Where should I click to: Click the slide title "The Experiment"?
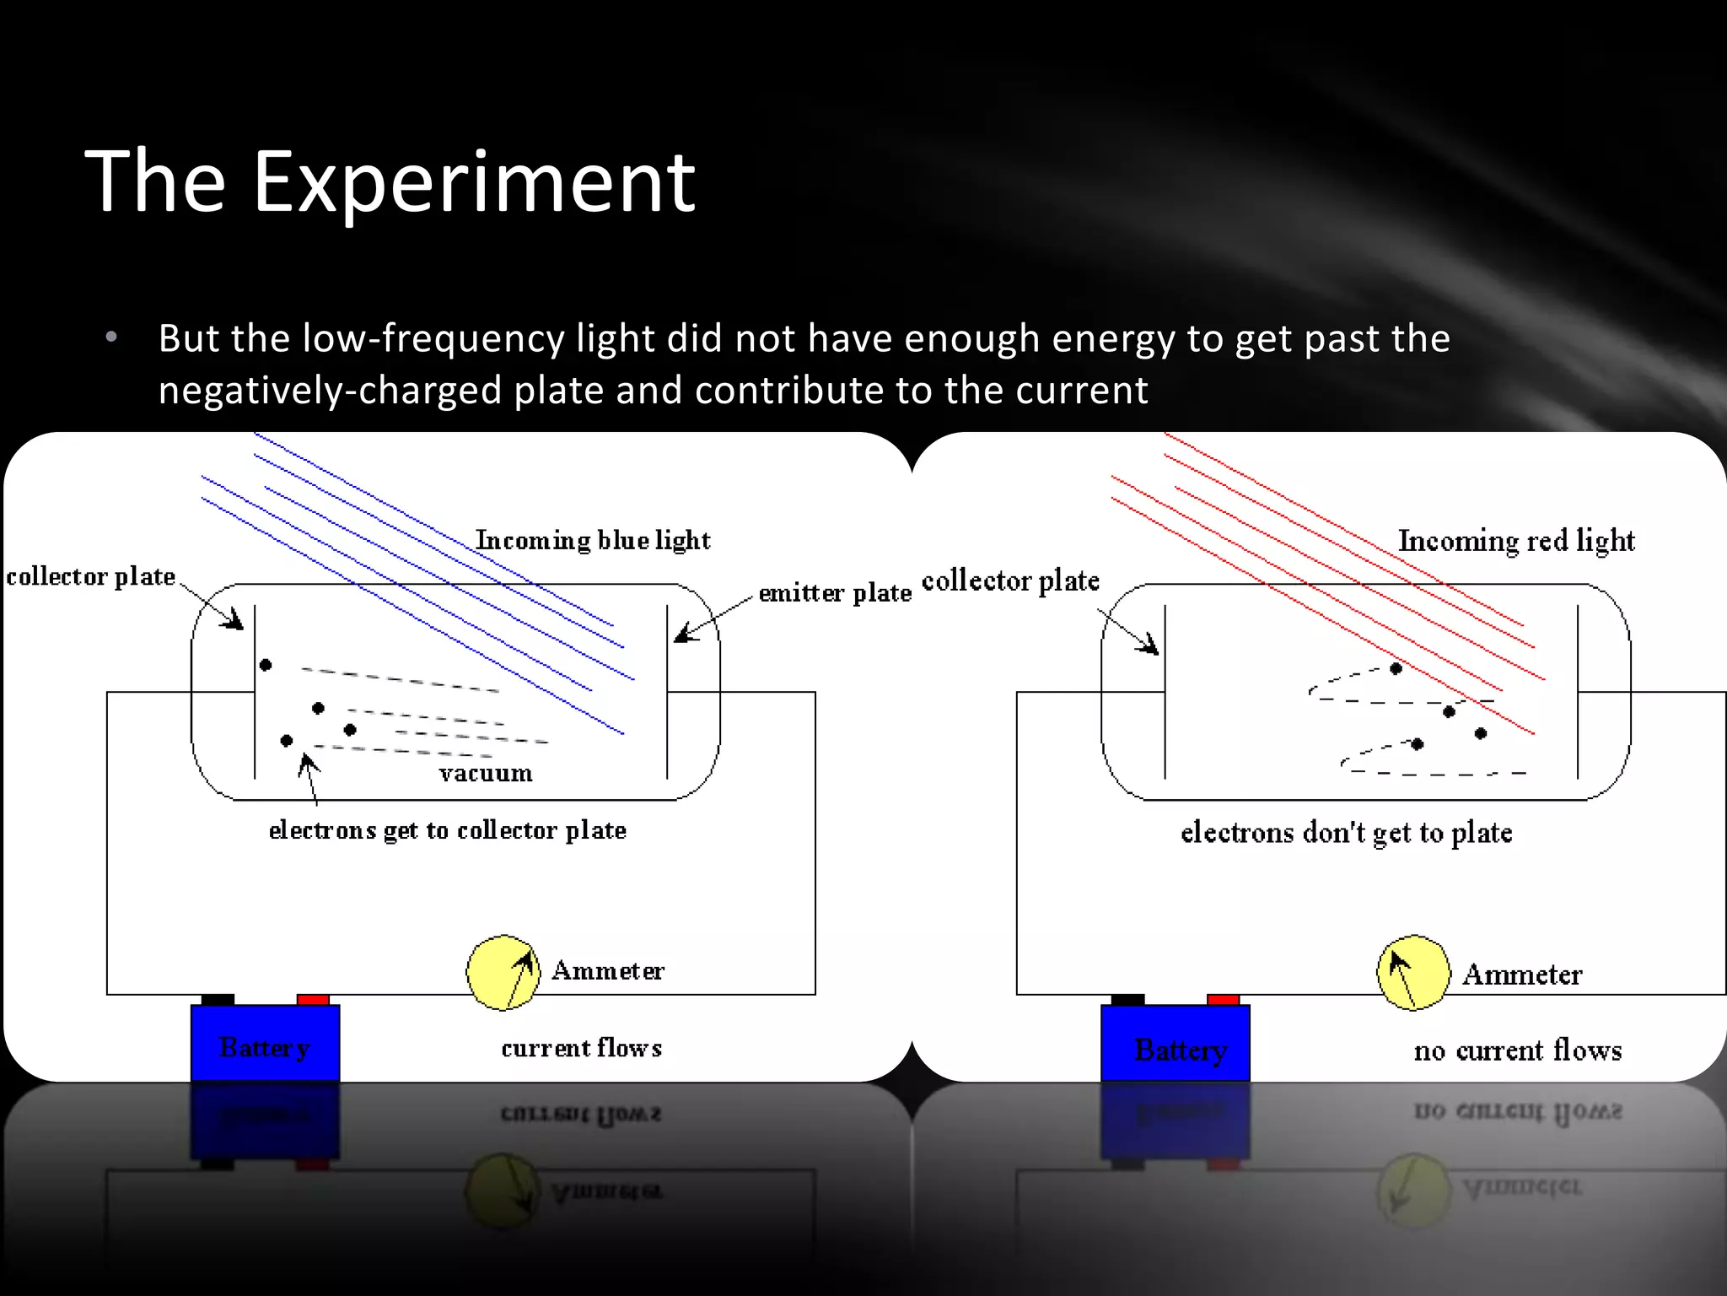[390, 181]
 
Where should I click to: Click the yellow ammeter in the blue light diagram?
[503, 972]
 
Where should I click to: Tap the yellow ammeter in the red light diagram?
[1413, 972]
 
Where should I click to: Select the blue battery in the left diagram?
[265, 1043]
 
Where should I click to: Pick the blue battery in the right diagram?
[1176, 1043]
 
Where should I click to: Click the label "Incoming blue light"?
[593, 540]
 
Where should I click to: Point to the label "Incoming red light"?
[1516, 540]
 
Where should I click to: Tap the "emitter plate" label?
[835, 593]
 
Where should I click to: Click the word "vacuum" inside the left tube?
[486, 773]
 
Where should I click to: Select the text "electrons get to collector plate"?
[447, 830]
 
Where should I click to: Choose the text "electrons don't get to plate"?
[1346, 833]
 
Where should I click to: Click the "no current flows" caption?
[1518, 1050]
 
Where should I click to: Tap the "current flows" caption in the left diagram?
[581, 1048]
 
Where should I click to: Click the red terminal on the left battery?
[313, 1000]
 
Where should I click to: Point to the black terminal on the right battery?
[1127, 1000]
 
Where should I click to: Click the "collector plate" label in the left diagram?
[91, 576]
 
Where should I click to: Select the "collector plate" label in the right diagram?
[1010, 580]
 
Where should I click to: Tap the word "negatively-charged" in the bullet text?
[331, 391]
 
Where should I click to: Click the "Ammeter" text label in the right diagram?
[1522, 975]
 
